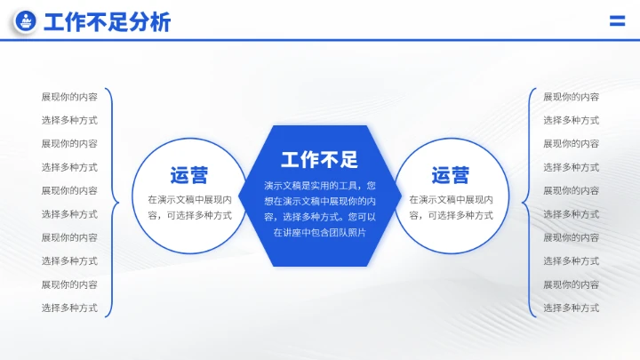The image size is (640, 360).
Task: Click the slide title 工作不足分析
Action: (107, 23)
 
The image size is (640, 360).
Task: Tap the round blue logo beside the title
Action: (27, 22)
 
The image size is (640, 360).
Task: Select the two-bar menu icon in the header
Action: (616, 22)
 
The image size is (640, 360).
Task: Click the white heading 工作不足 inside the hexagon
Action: (319, 160)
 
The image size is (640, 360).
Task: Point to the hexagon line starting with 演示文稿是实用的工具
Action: (319, 186)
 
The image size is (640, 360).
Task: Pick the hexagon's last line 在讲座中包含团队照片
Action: (319, 232)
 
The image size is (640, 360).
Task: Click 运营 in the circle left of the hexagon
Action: (189, 175)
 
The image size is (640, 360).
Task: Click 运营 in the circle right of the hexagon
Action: (451, 175)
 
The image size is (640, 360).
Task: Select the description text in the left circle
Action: (189, 207)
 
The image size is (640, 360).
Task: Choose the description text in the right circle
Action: (451, 207)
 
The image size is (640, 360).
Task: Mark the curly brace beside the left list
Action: (113, 202)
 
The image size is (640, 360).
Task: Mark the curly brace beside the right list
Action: (527, 202)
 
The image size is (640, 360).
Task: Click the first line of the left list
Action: (69, 97)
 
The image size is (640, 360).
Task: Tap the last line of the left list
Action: (69, 308)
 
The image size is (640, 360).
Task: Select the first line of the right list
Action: (571, 97)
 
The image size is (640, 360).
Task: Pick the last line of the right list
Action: (571, 308)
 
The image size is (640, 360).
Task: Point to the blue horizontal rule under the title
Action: (320, 40)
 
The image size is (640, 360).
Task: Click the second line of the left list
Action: (69, 120)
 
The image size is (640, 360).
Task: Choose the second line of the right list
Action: (571, 120)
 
